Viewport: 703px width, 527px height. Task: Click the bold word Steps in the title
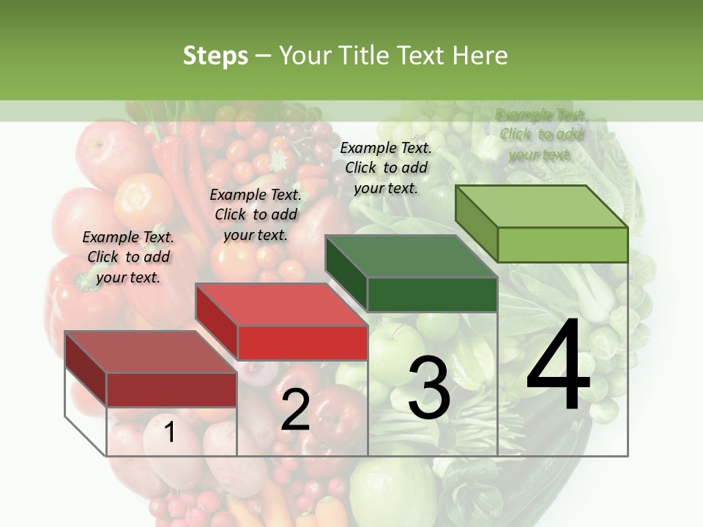point(215,56)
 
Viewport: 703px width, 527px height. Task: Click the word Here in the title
point(480,56)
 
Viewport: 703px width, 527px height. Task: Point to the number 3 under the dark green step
point(429,388)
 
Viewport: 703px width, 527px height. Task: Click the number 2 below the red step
point(295,410)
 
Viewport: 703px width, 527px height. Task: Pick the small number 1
point(169,432)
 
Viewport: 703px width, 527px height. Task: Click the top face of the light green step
point(541,206)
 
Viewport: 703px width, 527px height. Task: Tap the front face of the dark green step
point(432,295)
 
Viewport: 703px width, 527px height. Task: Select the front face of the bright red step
point(302,343)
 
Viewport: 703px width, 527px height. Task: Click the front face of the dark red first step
point(171,389)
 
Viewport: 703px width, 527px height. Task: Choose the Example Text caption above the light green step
point(541,135)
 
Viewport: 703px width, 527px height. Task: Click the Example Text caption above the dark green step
point(386,168)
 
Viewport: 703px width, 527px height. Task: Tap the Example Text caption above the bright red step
point(256,214)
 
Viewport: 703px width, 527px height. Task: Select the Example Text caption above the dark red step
point(128,257)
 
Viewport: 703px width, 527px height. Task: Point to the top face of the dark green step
point(411,257)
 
